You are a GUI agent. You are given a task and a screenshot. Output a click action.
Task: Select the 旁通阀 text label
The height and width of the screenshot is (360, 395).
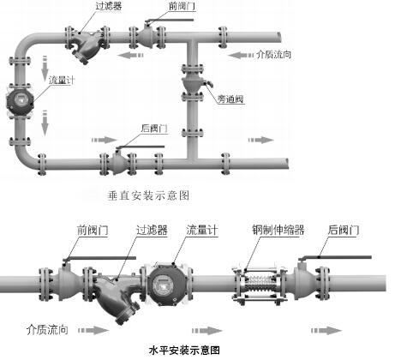click(230, 100)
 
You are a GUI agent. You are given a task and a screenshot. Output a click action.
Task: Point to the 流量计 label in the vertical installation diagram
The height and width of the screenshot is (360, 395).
click(64, 80)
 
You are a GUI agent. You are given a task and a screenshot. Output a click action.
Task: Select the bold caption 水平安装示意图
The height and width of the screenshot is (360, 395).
click(184, 351)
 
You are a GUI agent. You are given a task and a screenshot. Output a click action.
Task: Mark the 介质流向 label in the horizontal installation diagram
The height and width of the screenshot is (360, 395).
click(48, 328)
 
